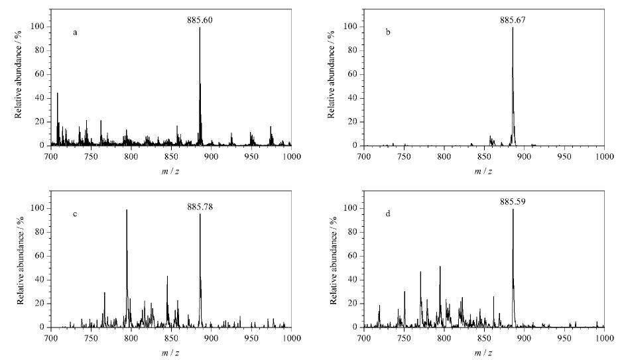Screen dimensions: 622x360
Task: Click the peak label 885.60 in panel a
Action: (x=200, y=20)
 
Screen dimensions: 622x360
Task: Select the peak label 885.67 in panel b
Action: (x=513, y=20)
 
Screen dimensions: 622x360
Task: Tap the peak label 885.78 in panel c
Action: (x=200, y=207)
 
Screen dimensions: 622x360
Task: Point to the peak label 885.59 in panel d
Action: (x=513, y=202)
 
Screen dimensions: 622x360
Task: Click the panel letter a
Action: (x=75, y=32)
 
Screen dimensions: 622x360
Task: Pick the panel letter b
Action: (x=388, y=32)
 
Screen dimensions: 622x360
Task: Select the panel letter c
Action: (x=75, y=215)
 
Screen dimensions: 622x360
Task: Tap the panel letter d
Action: (x=388, y=213)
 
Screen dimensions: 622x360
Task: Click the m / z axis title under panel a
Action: (x=170, y=171)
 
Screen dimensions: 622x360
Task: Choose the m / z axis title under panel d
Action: (x=483, y=353)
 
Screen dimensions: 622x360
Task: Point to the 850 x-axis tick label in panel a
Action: (x=171, y=156)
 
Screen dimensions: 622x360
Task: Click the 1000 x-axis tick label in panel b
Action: (x=605, y=156)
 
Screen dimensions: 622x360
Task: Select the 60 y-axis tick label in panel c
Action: (x=39, y=256)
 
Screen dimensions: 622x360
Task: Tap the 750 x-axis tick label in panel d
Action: (x=404, y=338)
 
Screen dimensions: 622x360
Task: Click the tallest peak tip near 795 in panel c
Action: (x=127, y=210)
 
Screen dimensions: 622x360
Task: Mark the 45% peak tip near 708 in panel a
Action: (x=58, y=93)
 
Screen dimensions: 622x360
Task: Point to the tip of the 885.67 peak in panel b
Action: (x=513, y=27)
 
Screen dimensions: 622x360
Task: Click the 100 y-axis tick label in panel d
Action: (x=350, y=209)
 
